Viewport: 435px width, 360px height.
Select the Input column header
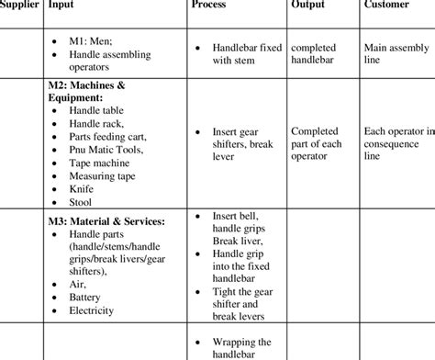click(x=62, y=6)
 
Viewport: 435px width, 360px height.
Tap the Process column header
click(x=209, y=6)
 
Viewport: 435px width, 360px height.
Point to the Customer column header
click(x=387, y=6)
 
